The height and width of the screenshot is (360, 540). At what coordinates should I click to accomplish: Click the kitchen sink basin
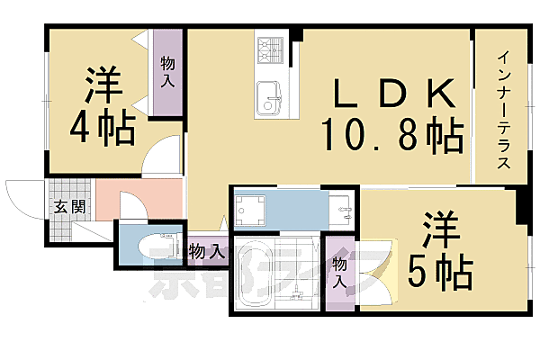(x=269, y=95)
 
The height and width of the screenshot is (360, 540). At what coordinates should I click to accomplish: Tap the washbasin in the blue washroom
(x=342, y=211)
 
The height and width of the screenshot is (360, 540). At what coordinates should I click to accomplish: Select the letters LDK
(x=393, y=93)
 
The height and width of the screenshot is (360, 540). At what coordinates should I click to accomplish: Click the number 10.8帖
(x=393, y=136)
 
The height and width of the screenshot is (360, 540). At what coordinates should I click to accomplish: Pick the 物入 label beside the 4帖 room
(x=167, y=71)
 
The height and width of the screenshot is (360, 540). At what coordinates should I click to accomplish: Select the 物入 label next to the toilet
(x=206, y=251)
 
